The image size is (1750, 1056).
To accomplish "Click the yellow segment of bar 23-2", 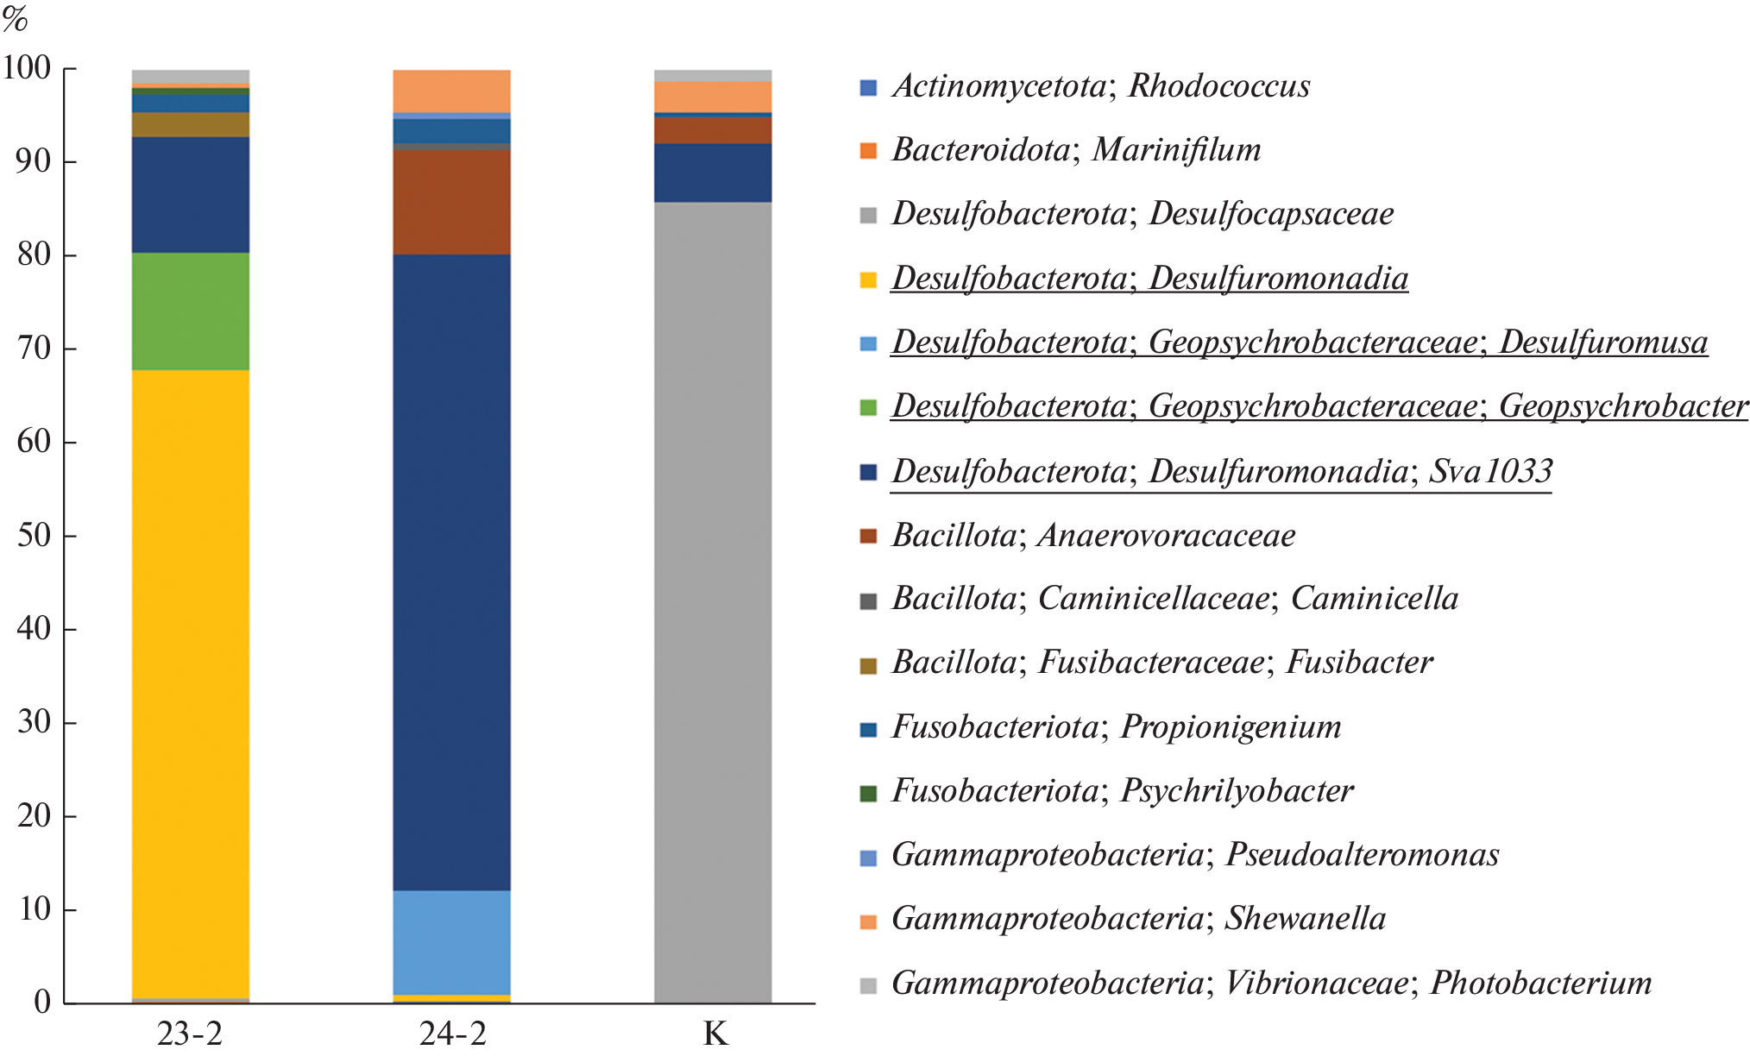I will pyautogui.click(x=191, y=682).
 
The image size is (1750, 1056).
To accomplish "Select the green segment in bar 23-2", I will pyautogui.click(x=191, y=311).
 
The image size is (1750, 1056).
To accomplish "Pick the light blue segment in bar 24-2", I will pyautogui.click(x=451, y=942).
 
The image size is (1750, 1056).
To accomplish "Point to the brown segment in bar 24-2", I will pyautogui.click(x=451, y=202).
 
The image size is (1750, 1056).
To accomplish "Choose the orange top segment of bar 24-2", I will pyautogui.click(x=451, y=91).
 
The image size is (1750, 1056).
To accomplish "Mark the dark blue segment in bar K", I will pyautogui.click(x=713, y=173).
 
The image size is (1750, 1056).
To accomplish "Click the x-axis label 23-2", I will pyautogui.click(x=190, y=1033).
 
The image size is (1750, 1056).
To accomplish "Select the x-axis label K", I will pyautogui.click(x=715, y=1033).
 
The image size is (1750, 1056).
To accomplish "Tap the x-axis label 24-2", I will pyautogui.click(x=452, y=1033).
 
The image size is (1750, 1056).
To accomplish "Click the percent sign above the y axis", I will pyautogui.click(x=15, y=18).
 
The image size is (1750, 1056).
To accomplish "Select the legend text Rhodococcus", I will pyautogui.click(x=1218, y=86).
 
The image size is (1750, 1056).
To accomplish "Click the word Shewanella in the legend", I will pyautogui.click(x=1305, y=919).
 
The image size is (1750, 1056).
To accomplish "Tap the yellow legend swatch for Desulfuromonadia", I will pyautogui.click(x=868, y=280).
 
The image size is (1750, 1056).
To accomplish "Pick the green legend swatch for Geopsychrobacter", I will pyautogui.click(x=868, y=407).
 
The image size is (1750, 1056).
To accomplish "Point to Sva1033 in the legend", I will pyautogui.click(x=1490, y=472).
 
